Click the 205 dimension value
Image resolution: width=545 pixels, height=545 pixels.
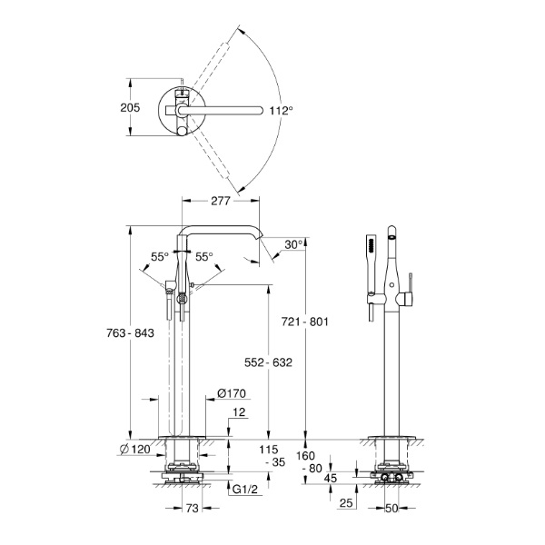[x=130, y=107]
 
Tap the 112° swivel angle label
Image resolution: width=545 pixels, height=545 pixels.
[x=282, y=111]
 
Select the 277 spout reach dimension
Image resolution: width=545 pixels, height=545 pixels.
[x=221, y=201]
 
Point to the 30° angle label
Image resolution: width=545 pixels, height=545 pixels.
[x=293, y=244]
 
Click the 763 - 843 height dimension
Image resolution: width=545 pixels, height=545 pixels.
[x=130, y=333]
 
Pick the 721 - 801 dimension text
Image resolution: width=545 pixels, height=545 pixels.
[x=305, y=322]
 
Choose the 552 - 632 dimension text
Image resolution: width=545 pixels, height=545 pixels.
[x=268, y=362]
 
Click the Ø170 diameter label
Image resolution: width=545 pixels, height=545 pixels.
[x=232, y=393]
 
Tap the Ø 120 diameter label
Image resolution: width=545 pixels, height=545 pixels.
[x=134, y=449]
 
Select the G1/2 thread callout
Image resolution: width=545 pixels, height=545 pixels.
[x=245, y=490]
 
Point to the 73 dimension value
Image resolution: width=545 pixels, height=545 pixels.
[x=193, y=508]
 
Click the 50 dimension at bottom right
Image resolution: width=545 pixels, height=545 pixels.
[x=391, y=508]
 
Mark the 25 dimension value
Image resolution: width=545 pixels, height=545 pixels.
[x=346, y=502]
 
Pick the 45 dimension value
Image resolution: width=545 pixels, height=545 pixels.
[x=331, y=479]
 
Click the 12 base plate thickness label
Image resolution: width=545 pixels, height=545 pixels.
[x=239, y=412]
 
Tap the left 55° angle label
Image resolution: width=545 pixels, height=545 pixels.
[x=160, y=257]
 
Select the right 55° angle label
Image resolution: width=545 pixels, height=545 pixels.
[x=204, y=257]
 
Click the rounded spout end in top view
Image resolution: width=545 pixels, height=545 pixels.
[x=259, y=111]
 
